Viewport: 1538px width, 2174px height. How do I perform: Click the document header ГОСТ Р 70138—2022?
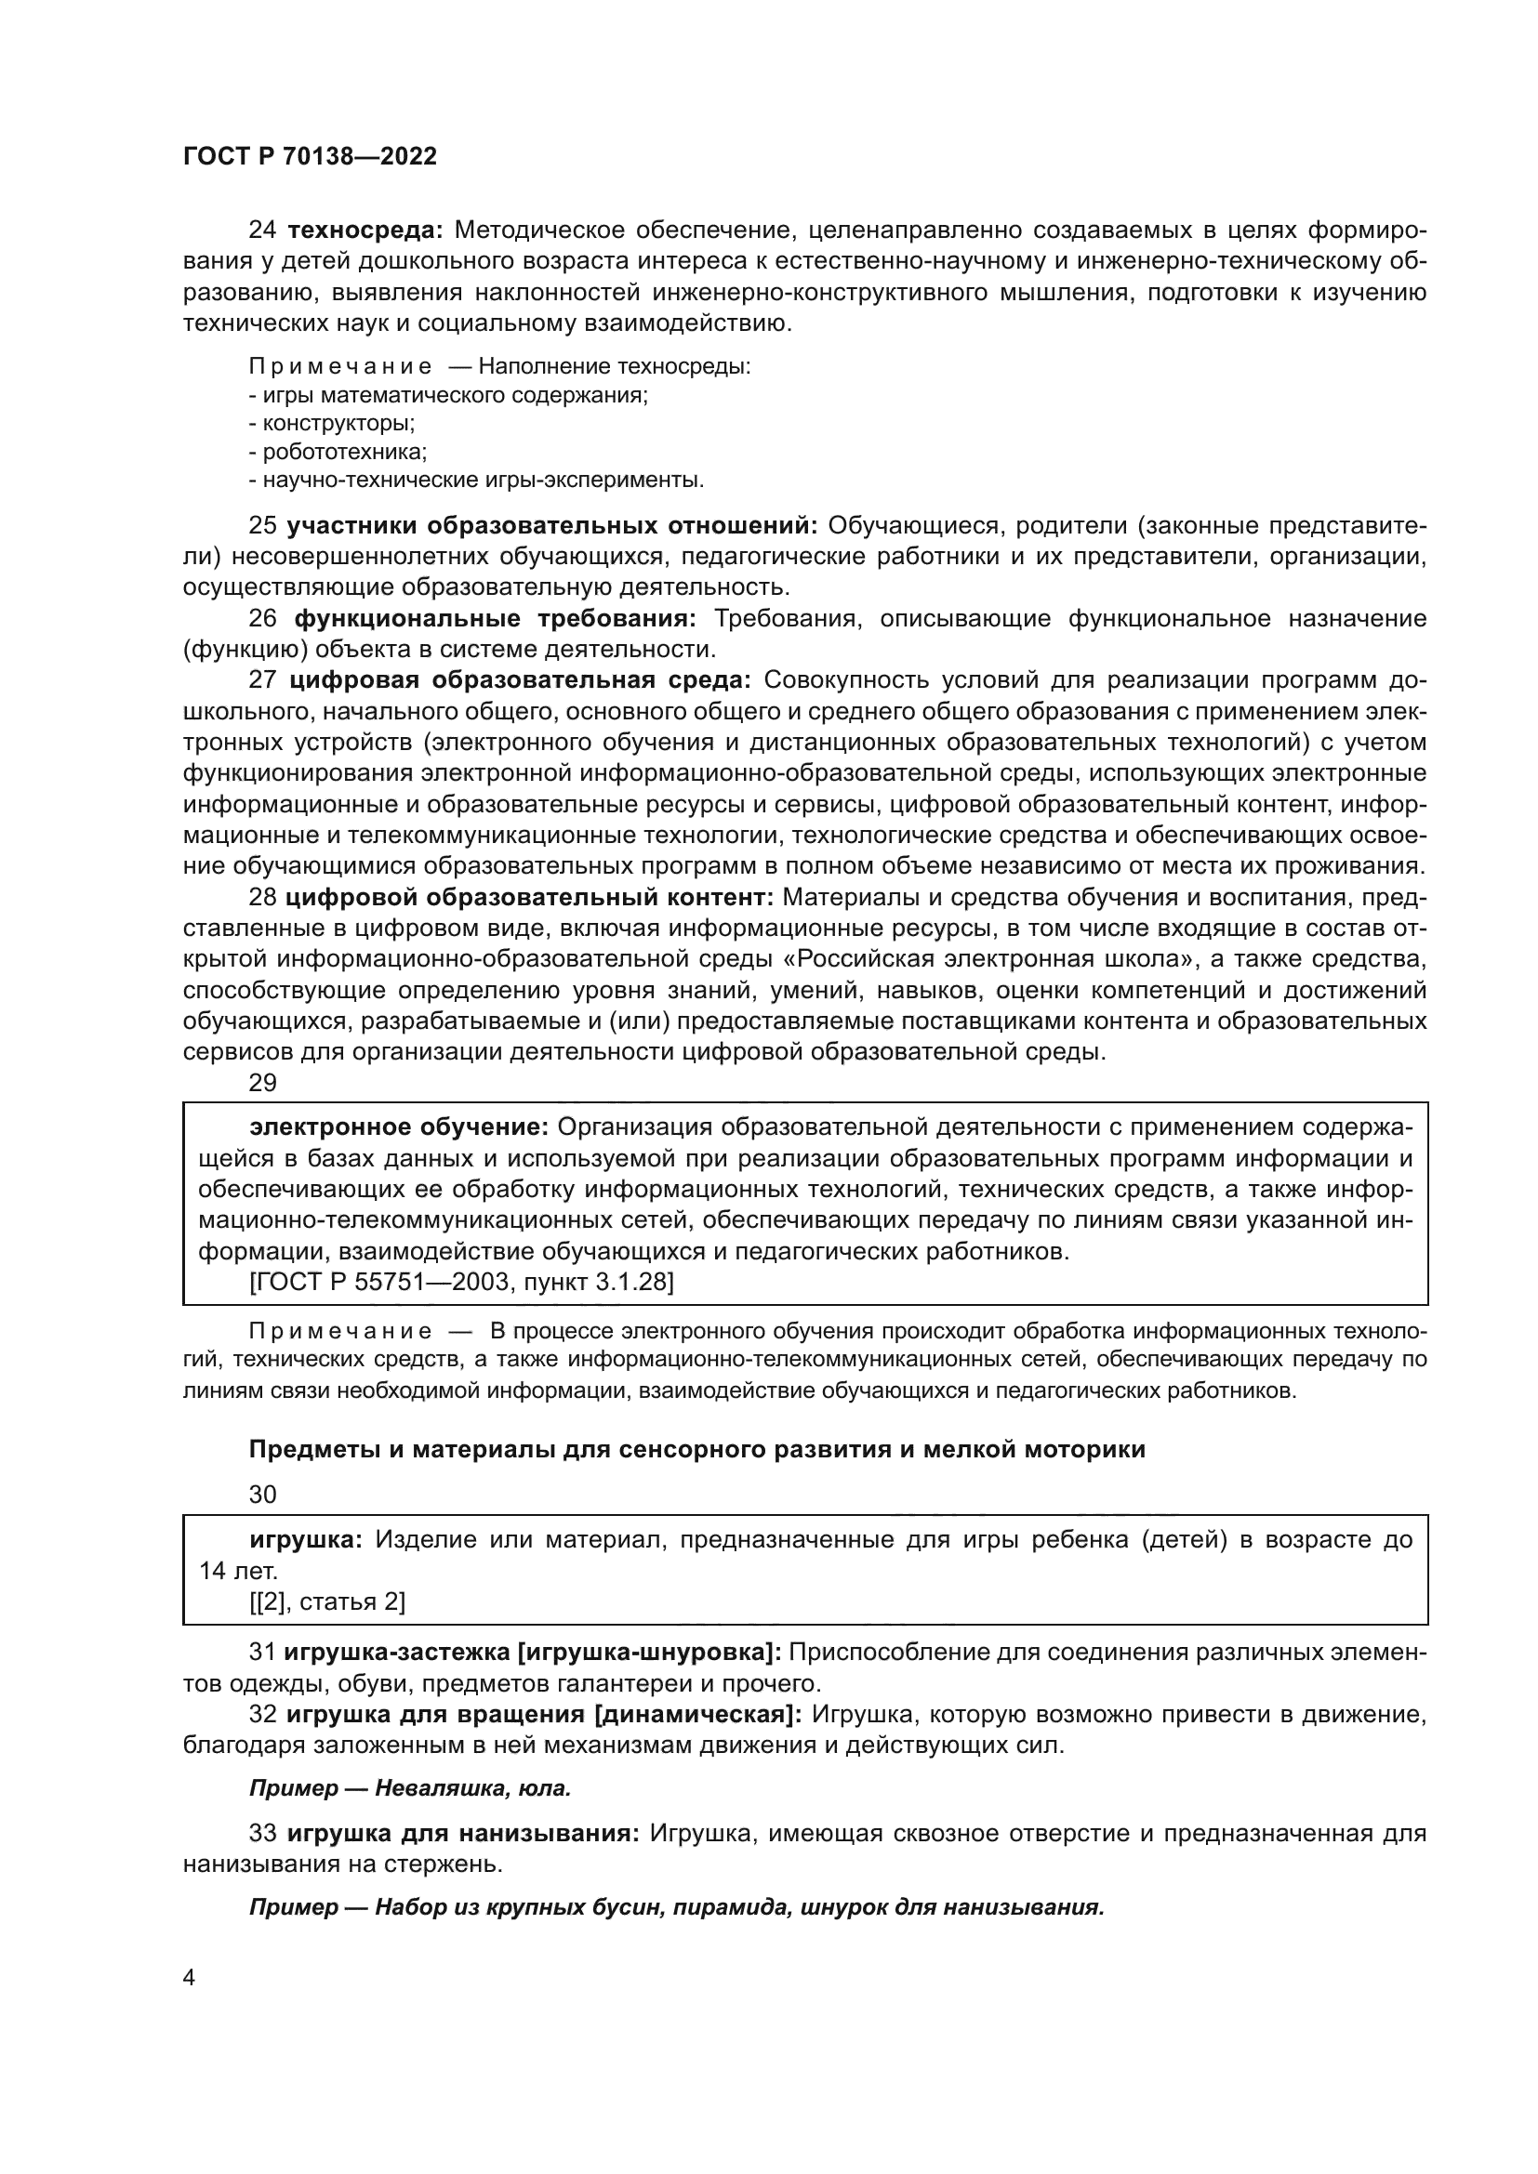[310, 157]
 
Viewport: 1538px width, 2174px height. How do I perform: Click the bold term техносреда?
[365, 231]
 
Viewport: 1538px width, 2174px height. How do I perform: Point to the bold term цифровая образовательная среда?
[519, 680]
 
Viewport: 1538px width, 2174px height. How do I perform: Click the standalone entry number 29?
[262, 1083]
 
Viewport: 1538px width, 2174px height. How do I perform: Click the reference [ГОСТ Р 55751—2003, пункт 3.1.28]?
[461, 1282]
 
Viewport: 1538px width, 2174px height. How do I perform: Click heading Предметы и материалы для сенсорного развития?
[696, 1450]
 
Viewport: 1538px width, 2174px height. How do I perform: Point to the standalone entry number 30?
[262, 1495]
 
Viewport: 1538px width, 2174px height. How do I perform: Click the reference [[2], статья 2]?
[326, 1602]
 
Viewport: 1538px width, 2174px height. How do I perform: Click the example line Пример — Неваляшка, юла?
[410, 1788]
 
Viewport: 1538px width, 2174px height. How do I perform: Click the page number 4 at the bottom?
[190, 1979]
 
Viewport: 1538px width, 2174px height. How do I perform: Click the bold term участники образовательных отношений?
[551, 525]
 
